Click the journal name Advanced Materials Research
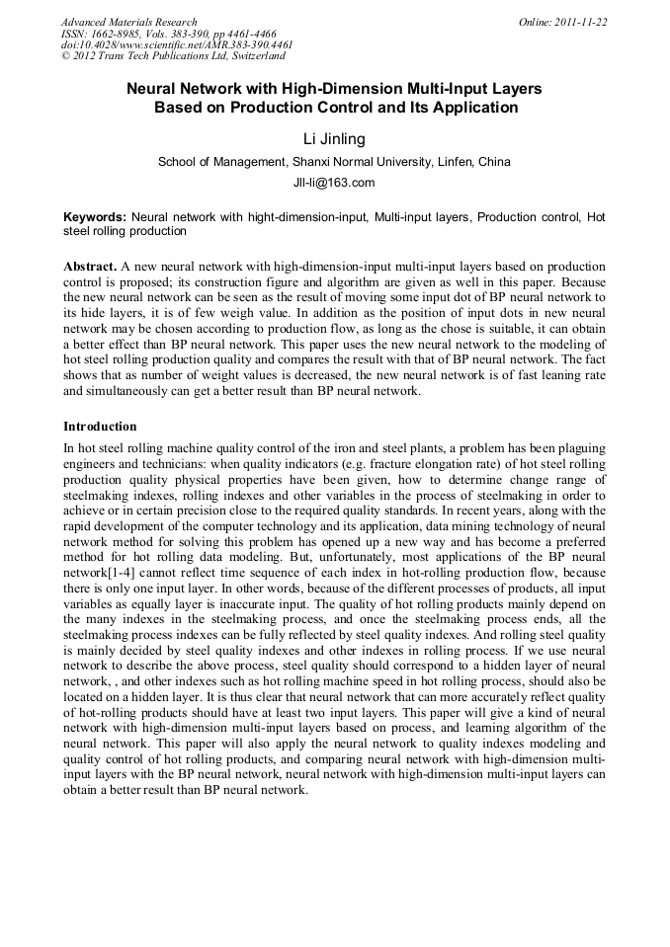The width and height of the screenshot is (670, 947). (128, 22)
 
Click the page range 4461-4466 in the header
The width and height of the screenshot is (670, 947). (259, 34)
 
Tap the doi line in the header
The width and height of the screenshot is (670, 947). (177, 45)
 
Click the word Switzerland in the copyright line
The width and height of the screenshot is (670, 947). (254, 56)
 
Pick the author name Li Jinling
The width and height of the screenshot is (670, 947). (334, 139)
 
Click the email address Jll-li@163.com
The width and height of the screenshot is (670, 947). (334, 183)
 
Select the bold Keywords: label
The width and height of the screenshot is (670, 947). (95, 216)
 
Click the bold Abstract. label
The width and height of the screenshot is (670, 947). (90, 268)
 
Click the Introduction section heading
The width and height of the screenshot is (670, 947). (100, 427)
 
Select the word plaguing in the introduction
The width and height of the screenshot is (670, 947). (576, 447)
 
